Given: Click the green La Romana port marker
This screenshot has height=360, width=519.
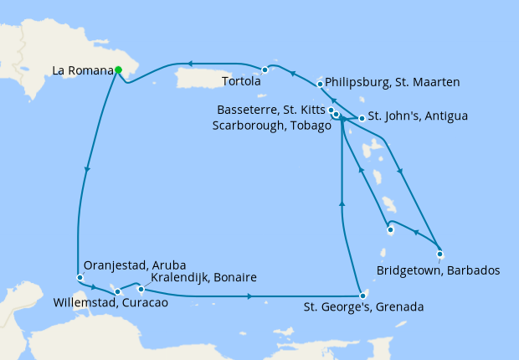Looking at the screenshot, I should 118,70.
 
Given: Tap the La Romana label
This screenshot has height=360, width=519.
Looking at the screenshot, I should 82,71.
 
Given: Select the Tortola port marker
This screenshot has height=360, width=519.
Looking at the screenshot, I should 265,69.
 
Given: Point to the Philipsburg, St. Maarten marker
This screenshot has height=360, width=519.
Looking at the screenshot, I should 321,84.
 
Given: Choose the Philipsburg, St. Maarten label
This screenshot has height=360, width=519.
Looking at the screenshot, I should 390,83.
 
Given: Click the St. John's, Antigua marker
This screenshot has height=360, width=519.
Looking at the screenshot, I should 362,118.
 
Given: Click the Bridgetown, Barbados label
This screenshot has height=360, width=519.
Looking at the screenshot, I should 438,270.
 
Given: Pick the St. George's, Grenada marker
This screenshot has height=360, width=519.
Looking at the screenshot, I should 361,296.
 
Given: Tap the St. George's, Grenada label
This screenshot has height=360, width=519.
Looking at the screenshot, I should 362,307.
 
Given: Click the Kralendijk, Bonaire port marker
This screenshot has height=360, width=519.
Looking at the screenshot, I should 140,289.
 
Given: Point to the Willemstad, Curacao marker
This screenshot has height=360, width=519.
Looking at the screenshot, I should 118,292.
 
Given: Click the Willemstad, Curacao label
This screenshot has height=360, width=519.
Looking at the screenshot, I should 110,303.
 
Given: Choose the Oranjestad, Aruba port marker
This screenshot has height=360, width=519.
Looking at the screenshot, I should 80,277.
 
